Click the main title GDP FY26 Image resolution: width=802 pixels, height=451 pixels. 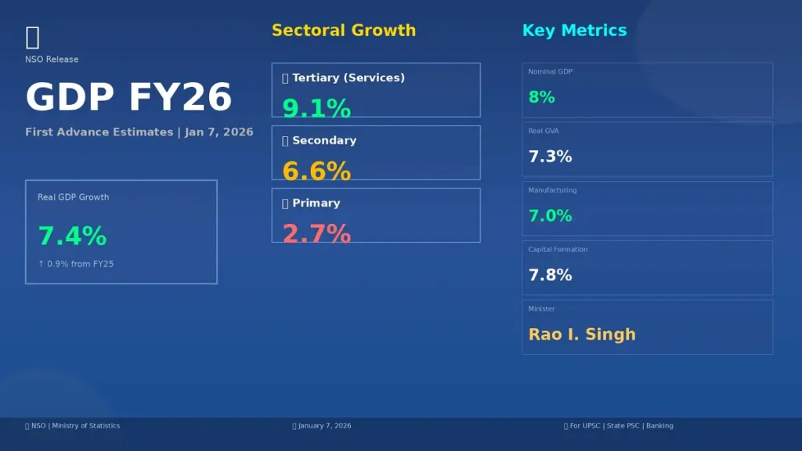(128, 98)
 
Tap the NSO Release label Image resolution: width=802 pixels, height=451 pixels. (52, 60)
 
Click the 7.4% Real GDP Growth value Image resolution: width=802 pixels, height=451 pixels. (72, 236)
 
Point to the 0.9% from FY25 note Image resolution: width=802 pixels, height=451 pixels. (76, 265)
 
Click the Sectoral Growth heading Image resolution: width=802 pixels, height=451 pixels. (343, 31)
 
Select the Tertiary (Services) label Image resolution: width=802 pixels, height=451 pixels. (348, 78)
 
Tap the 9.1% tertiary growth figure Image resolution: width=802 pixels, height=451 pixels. (316, 108)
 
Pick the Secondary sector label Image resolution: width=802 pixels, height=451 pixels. (323, 140)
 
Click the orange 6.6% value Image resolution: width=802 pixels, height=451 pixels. (316, 171)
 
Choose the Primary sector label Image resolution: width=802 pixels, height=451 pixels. (316, 203)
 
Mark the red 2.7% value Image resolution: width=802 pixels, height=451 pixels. (316, 233)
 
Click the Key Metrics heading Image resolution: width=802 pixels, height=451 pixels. (574, 31)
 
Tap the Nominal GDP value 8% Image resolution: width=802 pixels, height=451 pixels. (541, 98)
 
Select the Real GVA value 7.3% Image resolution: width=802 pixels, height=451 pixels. (550, 157)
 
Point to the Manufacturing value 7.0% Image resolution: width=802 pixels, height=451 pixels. (550, 216)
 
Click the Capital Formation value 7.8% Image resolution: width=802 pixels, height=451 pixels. (550, 276)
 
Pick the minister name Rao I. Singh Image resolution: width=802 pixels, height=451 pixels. (582, 334)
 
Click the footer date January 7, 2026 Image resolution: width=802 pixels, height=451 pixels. (324, 426)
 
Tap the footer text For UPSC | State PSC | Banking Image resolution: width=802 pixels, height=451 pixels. (621, 426)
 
